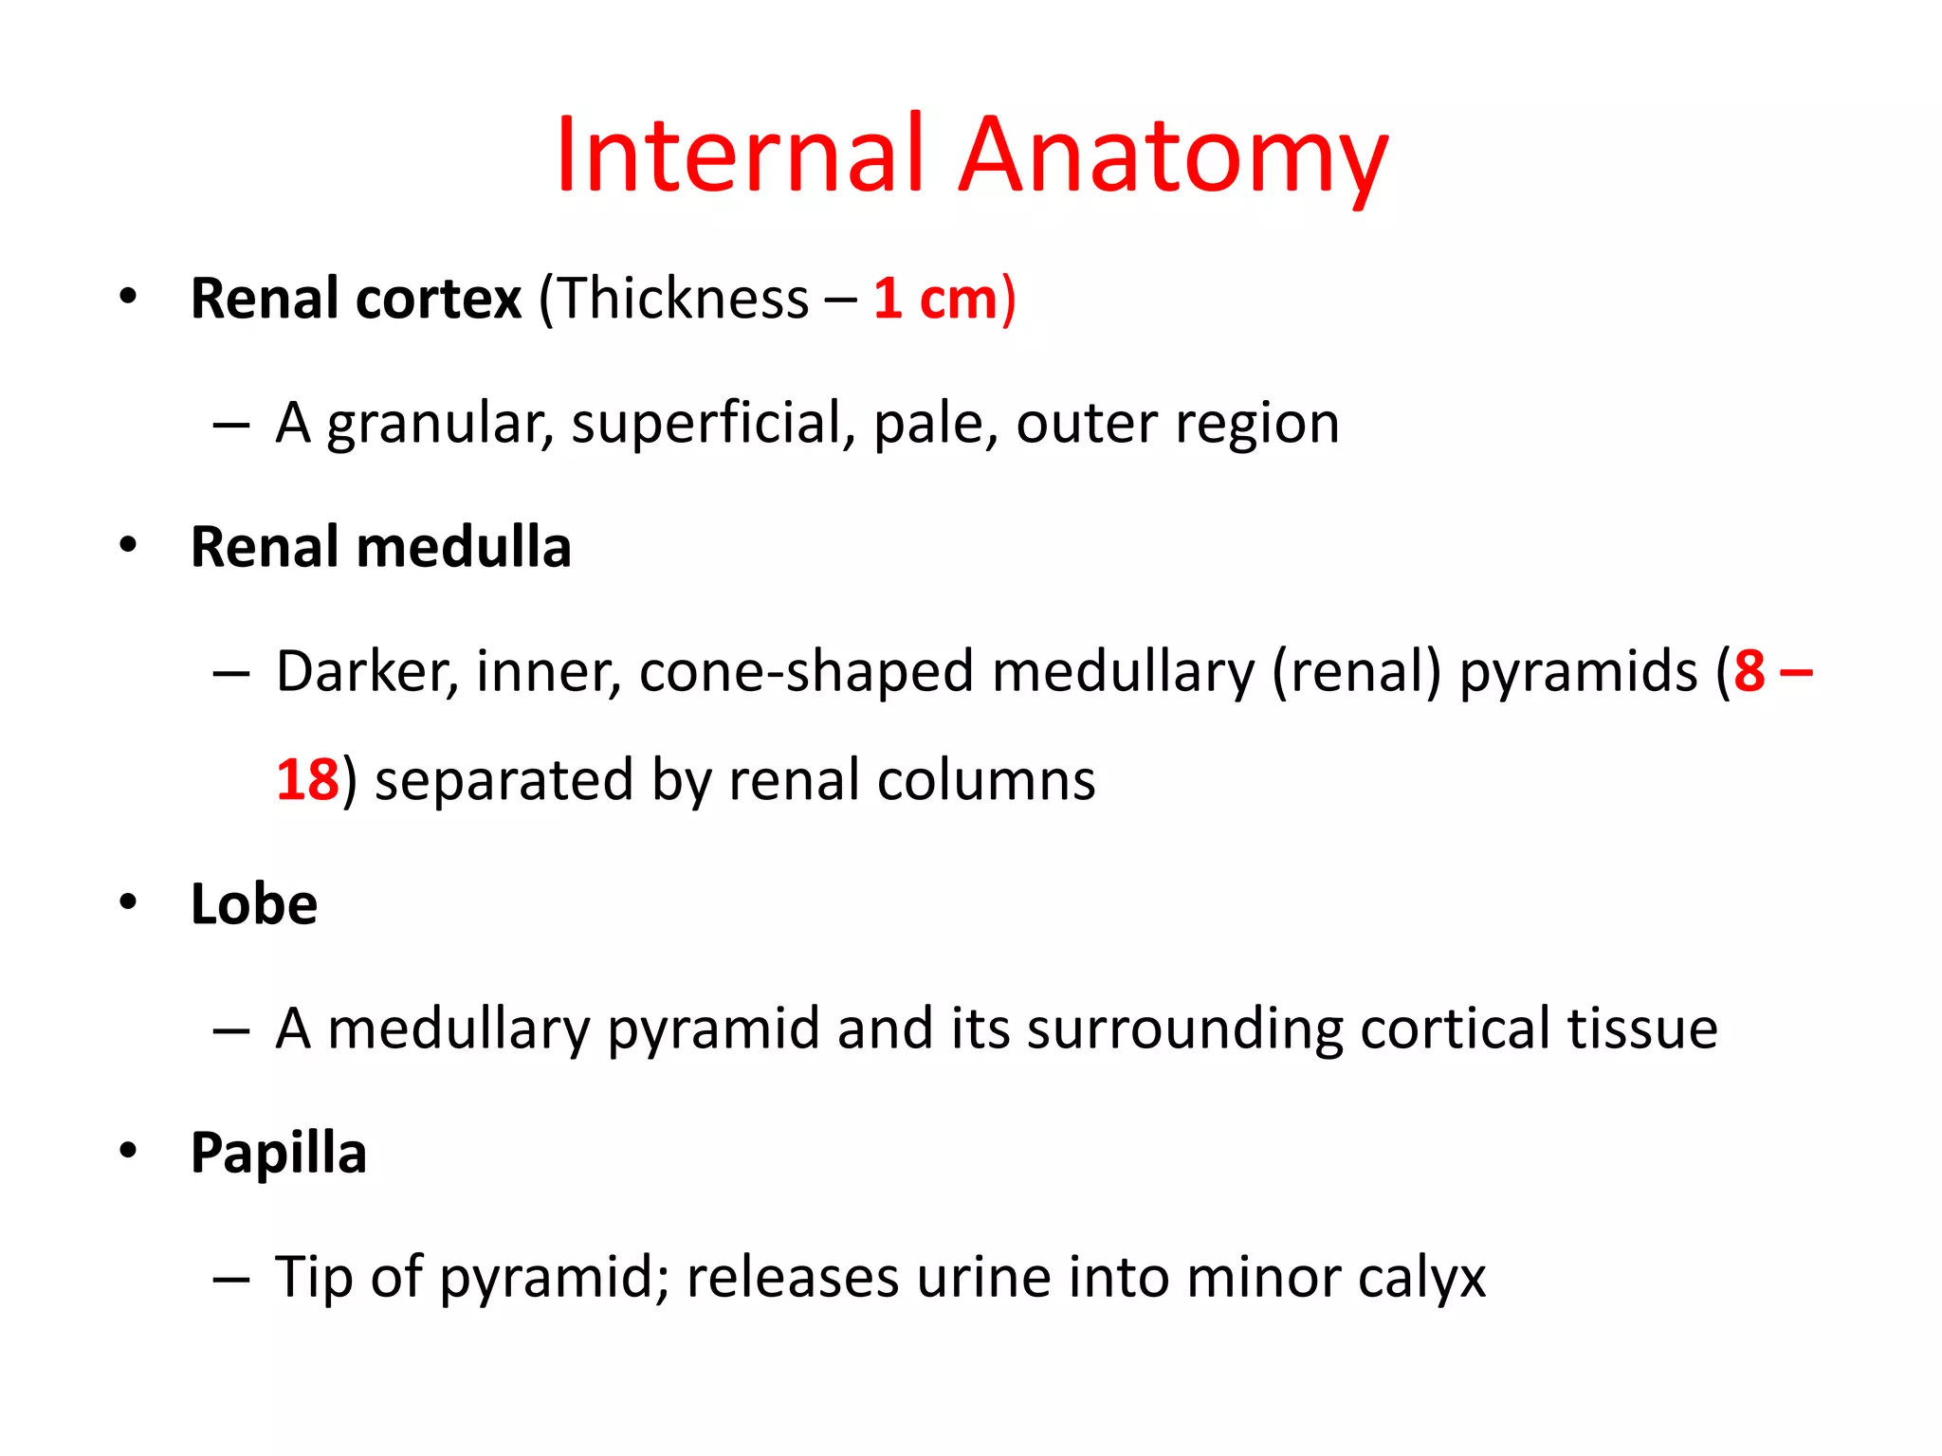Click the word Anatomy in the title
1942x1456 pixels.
click(x=1173, y=156)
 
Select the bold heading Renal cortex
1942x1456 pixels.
click(x=356, y=299)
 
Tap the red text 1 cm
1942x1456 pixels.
click(x=935, y=299)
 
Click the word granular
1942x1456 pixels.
click(x=439, y=424)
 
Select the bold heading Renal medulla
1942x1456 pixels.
click(x=381, y=548)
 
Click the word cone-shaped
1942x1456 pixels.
click(x=807, y=672)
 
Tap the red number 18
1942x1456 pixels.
click(x=307, y=780)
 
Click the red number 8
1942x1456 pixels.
click(x=1750, y=672)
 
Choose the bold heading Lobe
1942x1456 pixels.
click(x=254, y=904)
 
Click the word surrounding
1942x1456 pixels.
click(x=1184, y=1029)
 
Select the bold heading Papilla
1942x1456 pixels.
click(x=279, y=1154)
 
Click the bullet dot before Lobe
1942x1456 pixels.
click(x=128, y=901)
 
